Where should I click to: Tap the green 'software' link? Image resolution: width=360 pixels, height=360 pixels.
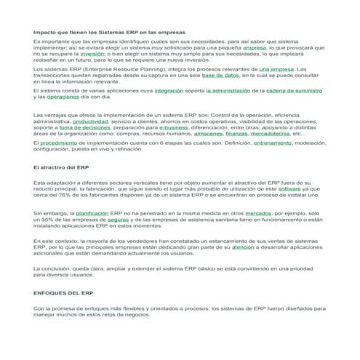click(289, 188)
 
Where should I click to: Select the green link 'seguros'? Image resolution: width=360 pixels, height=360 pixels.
click(118, 220)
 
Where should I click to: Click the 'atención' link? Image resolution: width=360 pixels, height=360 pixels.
click(242, 248)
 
